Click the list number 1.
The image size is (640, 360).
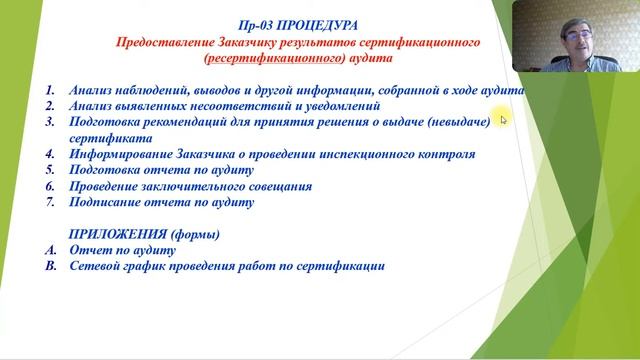pos(50,89)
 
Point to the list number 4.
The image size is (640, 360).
pos(50,155)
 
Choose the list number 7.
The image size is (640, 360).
pos(50,202)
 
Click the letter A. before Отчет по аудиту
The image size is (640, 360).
pos(50,250)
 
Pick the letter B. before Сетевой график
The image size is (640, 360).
pos(50,267)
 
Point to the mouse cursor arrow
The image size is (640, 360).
pos(503,120)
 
